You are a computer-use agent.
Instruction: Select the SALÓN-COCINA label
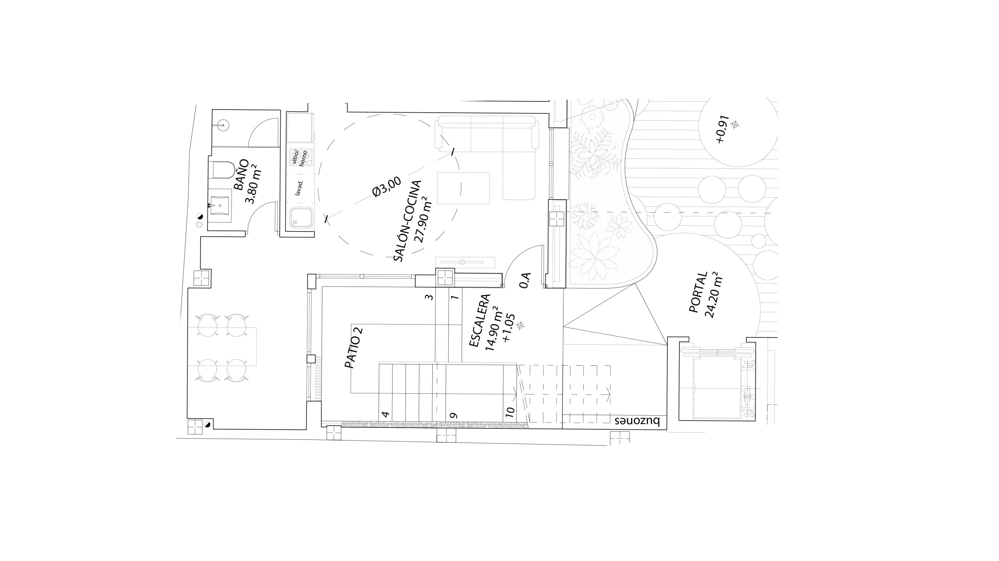point(407,221)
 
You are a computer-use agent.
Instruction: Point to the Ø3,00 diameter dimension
point(381,187)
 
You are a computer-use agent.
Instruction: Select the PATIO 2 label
point(354,348)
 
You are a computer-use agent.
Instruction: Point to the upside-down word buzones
point(637,422)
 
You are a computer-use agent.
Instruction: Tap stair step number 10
point(510,411)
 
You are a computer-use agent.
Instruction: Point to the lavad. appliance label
point(300,187)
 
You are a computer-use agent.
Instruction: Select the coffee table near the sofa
point(463,188)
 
